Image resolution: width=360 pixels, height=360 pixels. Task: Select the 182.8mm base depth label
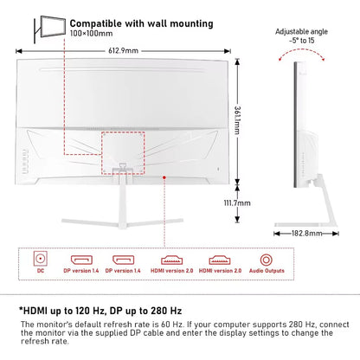[x=303, y=233]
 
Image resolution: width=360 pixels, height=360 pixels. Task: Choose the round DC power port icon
[x=39, y=258]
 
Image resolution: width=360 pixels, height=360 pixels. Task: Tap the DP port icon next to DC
[x=82, y=258]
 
